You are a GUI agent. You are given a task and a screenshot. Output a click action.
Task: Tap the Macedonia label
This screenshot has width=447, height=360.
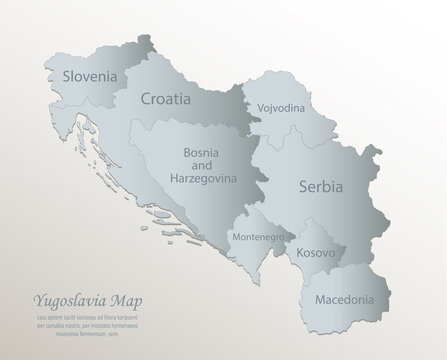[x=343, y=299]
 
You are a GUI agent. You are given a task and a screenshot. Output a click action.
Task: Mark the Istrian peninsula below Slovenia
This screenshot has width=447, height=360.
[x=74, y=126]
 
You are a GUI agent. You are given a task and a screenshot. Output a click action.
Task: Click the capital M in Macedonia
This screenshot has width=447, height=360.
[x=316, y=299]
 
